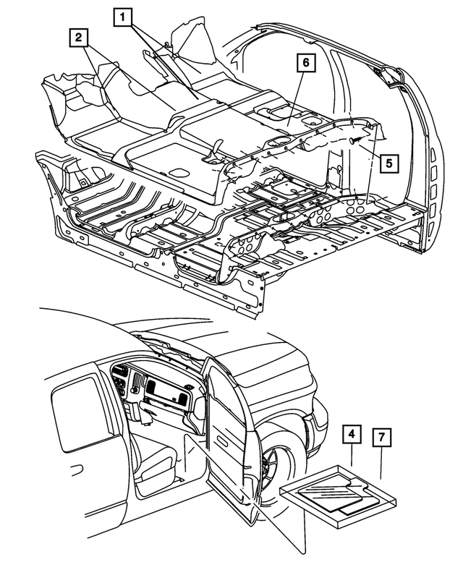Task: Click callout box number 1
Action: (x=124, y=15)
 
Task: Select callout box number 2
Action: (x=80, y=37)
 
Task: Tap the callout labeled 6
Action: (x=305, y=64)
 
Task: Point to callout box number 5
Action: (x=388, y=163)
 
